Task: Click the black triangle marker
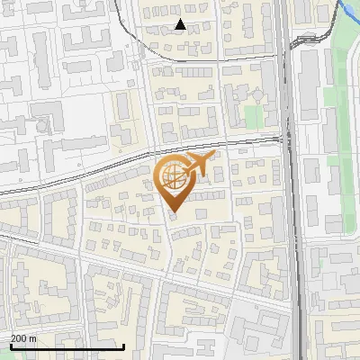[180, 24]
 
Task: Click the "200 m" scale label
[23, 338]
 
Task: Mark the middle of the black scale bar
[67, 346]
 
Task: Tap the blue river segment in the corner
[346, 11]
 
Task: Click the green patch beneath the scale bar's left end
[13, 355]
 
